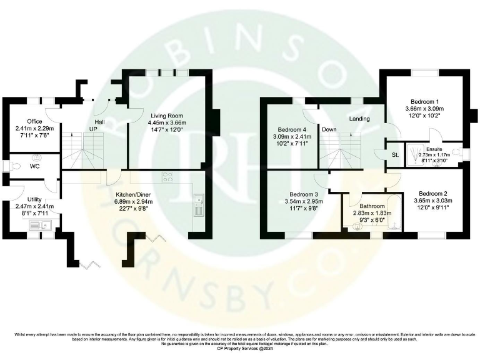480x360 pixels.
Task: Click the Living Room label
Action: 166,116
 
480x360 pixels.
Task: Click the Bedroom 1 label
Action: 424,101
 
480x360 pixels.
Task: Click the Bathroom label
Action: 372,205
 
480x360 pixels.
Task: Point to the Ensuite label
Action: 434,149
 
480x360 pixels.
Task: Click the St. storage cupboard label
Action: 394,154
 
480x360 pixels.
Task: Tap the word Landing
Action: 359,119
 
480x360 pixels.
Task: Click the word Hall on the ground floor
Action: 99,121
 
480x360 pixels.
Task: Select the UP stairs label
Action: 93,129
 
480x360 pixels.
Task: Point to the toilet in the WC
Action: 8,166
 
